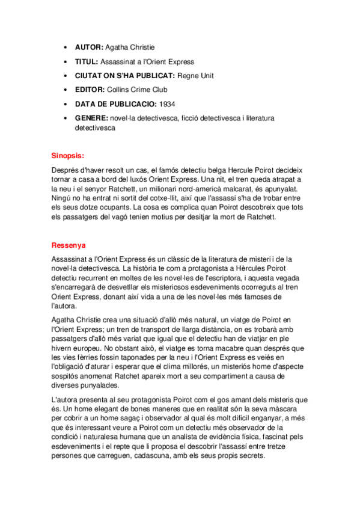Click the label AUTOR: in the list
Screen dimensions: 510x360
[x=89, y=47]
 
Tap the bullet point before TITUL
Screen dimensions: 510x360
[x=66, y=61]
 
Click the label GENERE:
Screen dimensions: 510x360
[x=92, y=118]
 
